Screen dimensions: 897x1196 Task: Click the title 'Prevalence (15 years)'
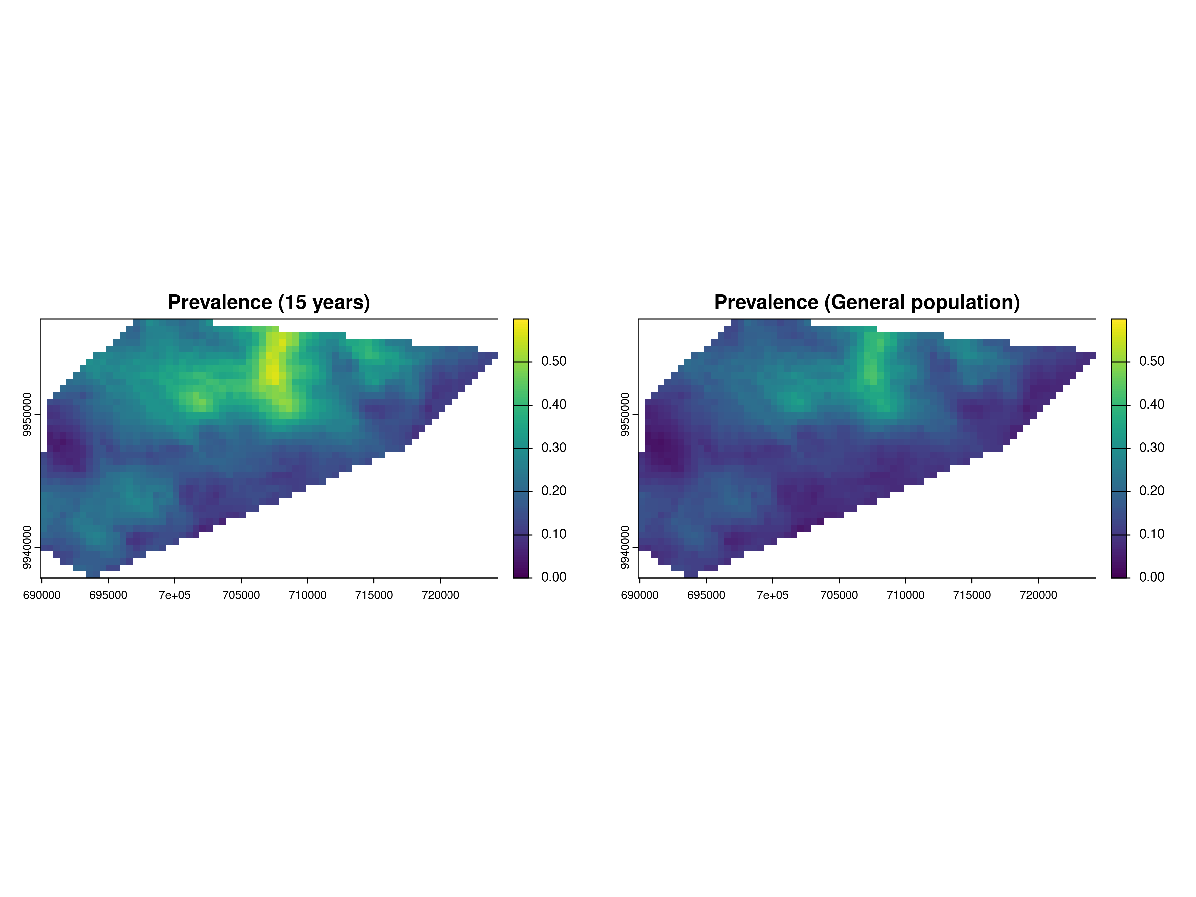[269, 302]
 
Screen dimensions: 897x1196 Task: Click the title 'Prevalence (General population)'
[867, 302]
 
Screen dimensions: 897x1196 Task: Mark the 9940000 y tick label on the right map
[625, 547]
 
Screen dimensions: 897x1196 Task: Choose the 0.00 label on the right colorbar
[1152, 577]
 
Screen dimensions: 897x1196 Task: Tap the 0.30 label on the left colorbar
[554, 448]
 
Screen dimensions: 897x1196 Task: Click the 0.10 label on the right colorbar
[1152, 534]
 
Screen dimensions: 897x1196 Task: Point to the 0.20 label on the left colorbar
[554, 491]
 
